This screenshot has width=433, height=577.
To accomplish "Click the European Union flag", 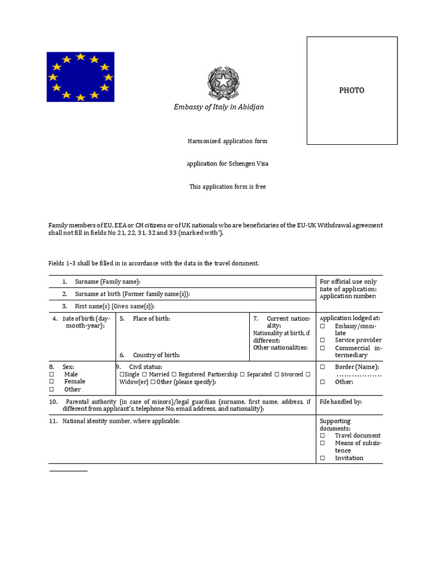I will [x=80, y=77].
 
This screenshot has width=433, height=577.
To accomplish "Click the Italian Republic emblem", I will [x=223, y=83].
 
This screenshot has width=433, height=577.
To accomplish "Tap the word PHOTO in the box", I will [x=351, y=90].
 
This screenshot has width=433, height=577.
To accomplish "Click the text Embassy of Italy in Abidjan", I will [x=219, y=107].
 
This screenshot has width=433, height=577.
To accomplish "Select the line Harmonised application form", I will [x=227, y=141].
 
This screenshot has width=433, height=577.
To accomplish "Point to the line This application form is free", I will [x=227, y=187].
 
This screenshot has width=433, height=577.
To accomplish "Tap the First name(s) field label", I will [x=114, y=307].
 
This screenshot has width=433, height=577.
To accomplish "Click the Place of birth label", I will [x=151, y=319].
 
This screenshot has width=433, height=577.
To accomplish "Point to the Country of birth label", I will [x=156, y=355].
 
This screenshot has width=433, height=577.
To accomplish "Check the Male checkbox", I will [x=51, y=374].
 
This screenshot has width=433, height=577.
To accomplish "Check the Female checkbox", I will [x=51, y=381].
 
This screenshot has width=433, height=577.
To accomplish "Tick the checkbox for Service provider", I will [x=322, y=340].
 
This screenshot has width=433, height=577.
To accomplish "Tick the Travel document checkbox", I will [x=322, y=436].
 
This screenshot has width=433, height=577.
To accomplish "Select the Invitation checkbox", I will [x=322, y=458].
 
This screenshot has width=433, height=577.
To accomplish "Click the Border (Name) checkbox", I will [x=322, y=367].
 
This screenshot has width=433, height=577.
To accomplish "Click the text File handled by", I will [x=341, y=402].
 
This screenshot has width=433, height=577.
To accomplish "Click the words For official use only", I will [x=348, y=282].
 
